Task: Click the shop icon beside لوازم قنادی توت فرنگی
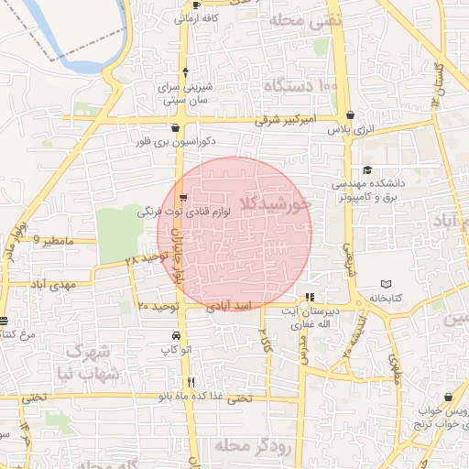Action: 184,197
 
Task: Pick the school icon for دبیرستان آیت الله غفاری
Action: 310,298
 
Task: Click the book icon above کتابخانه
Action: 386,284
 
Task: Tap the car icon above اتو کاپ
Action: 162,335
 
